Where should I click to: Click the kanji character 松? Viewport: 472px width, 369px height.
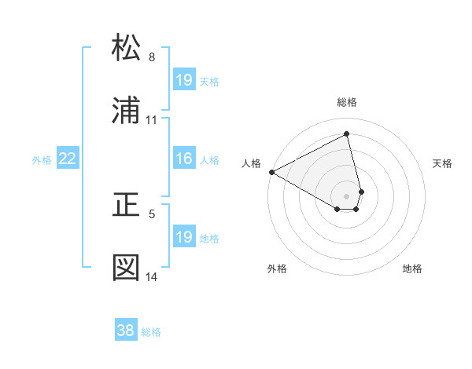click(126, 48)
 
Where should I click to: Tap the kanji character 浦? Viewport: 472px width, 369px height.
click(126, 111)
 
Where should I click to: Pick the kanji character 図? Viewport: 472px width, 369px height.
click(126, 268)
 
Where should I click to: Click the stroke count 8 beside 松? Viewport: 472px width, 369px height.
click(152, 57)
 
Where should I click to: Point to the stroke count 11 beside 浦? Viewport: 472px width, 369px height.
click(152, 120)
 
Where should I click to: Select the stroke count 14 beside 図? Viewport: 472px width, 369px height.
click(152, 277)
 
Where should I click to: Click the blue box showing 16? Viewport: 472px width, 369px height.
click(183, 159)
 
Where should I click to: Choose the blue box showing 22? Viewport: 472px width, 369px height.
click(68, 159)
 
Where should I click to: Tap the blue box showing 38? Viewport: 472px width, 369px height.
click(126, 331)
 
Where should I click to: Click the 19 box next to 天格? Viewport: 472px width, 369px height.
click(183, 81)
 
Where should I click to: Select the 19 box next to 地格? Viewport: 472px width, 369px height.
click(183, 238)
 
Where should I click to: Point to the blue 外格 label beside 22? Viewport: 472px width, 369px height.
click(42, 160)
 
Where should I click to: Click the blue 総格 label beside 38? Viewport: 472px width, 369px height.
click(151, 332)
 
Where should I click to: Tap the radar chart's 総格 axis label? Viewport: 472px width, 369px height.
click(347, 102)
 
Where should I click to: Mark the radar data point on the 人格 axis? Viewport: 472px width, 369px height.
click(271, 172)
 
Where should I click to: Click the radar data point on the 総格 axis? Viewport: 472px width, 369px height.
click(347, 133)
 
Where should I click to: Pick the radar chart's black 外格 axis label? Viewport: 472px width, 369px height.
click(277, 269)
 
